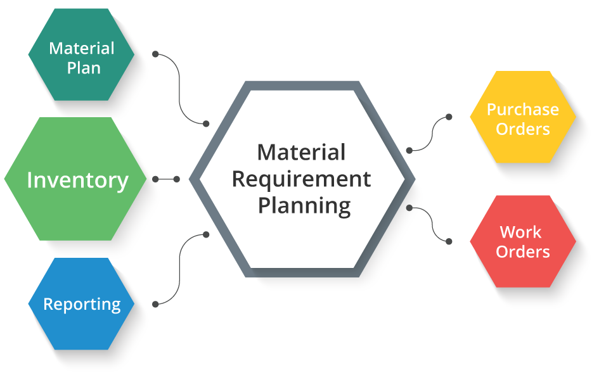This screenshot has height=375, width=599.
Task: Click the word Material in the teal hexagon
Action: point(82,48)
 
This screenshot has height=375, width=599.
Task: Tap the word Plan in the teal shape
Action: point(84,68)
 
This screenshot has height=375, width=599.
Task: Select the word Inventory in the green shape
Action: point(77,181)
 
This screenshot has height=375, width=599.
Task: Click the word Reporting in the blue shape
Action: point(82,304)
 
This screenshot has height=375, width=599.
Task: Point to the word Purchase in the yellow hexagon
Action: point(522,110)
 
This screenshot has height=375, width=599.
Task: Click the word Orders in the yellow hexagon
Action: point(522,129)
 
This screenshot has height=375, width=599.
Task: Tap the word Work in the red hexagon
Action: point(520,232)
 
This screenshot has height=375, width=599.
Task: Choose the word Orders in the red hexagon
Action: point(522,251)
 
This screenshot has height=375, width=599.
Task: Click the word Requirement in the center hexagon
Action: point(301,179)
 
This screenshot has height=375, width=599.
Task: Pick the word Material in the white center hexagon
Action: point(301,152)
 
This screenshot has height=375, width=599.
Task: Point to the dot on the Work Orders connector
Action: point(409,207)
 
